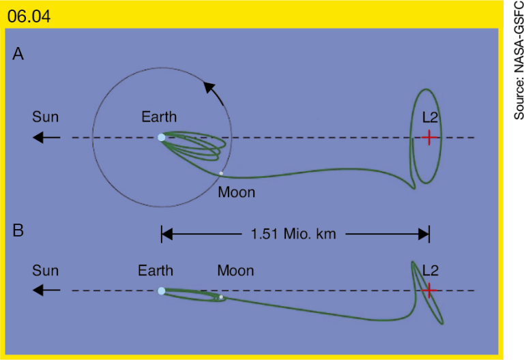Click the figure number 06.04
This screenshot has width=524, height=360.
[29, 16]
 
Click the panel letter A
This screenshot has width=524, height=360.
[18, 54]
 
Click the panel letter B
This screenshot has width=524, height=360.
[18, 230]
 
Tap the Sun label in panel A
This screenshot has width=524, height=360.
[46, 117]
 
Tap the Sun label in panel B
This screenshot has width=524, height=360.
[46, 271]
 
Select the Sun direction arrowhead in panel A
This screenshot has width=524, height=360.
[38, 137]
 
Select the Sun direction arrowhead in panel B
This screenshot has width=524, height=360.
[38, 290]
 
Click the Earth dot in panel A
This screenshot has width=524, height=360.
[162, 137]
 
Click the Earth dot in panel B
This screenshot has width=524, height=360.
[162, 291]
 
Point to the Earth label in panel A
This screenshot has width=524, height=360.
[159, 117]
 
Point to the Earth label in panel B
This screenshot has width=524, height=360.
[156, 271]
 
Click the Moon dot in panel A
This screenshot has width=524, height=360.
[221, 173]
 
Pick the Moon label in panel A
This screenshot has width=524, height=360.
[237, 192]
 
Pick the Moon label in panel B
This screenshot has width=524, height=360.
[235, 271]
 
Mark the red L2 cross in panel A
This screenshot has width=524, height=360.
[429, 137]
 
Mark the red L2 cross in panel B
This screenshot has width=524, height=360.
[429, 290]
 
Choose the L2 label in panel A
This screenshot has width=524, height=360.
[430, 117]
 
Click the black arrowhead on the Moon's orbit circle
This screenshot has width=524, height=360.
[209, 87]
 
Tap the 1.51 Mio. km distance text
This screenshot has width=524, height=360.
[293, 234]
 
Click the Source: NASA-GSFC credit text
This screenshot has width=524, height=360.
[519, 60]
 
